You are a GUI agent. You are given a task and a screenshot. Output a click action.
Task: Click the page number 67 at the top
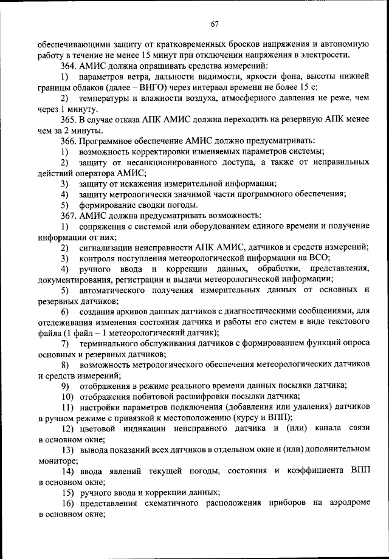[x=215, y=24]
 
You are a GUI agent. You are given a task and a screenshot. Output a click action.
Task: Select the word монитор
[x=55, y=461]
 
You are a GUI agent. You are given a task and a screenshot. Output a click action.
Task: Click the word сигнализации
[x=106, y=247]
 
